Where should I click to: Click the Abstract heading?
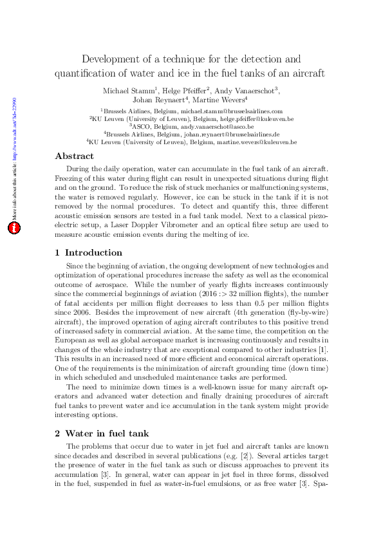[x=74, y=156]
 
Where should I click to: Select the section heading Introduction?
[x=93, y=252]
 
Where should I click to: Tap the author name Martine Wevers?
[x=220, y=100]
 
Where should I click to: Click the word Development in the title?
[x=118, y=59]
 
